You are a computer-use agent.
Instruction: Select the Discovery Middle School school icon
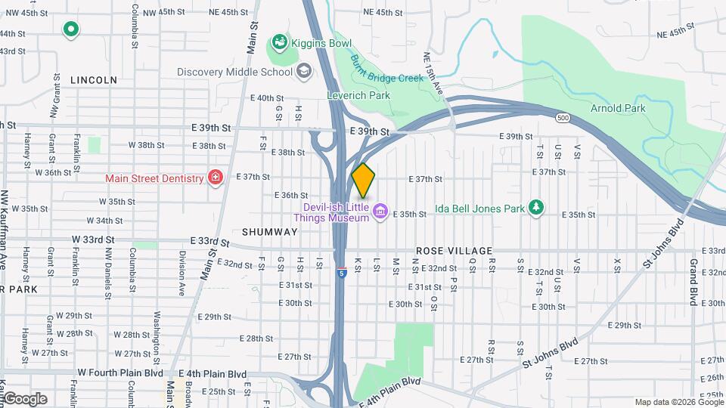(x=304, y=73)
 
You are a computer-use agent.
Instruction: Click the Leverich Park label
(x=358, y=95)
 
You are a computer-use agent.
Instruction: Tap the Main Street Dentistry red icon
(x=216, y=178)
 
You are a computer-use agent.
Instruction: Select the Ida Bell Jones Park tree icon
(x=536, y=206)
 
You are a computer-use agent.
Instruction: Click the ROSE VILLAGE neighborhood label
(x=454, y=251)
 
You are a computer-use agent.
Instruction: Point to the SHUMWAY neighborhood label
(x=269, y=232)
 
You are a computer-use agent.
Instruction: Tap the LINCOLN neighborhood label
(x=94, y=79)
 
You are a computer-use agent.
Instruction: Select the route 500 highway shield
(x=563, y=118)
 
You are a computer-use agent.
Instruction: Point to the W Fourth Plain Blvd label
(x=120, y=373)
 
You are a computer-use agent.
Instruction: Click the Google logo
(x=24, y=398)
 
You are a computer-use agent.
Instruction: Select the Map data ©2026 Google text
(x=678, y=402)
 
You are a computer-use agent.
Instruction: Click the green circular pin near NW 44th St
(x=71, y=29)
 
